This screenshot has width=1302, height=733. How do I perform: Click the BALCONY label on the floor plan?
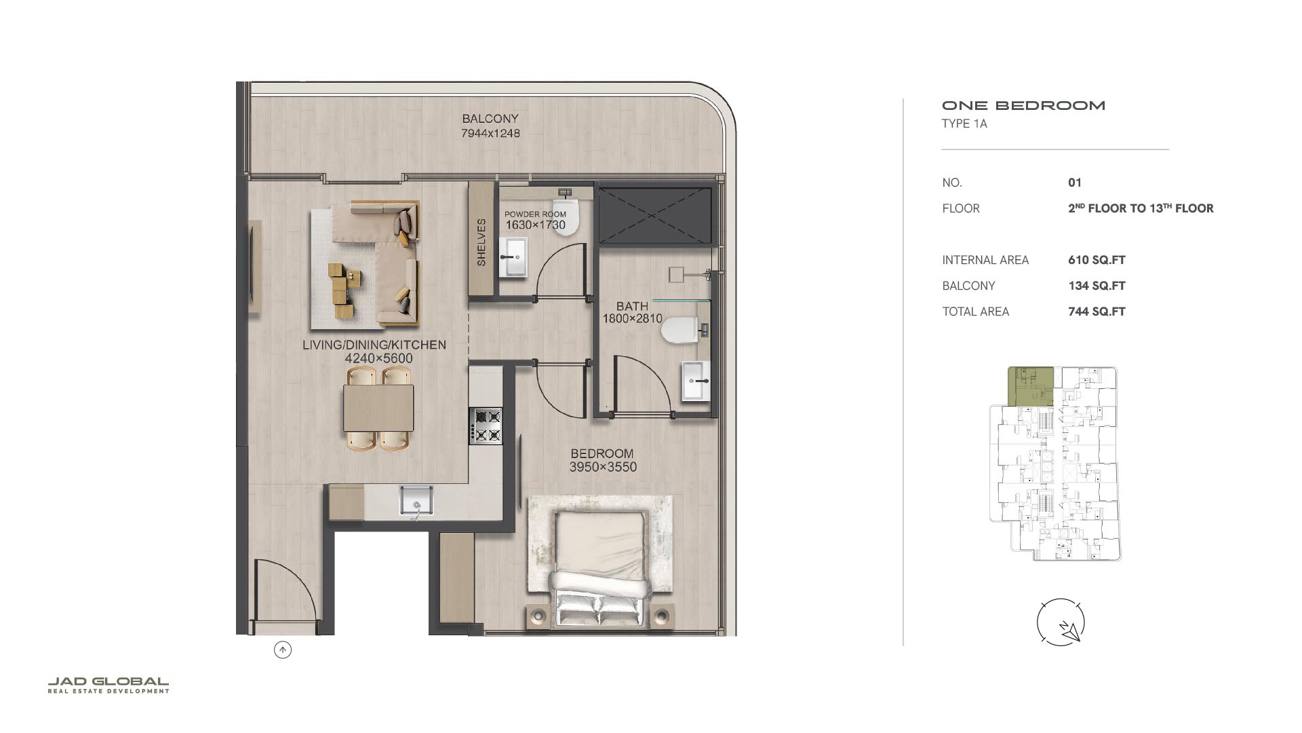click(x=490, y=119)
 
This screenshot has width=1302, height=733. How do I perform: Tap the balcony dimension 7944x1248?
click(x=490, y=134)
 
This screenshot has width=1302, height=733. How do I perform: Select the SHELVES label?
click(x=481, y=242)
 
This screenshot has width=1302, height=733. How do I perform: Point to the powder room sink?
click(x=513, y=257)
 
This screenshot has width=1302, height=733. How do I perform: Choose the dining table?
click(x=378, y=408)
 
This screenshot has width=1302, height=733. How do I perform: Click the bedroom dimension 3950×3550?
click(x=603, y=467)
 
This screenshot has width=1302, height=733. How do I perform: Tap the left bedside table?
click(x=538, y=617)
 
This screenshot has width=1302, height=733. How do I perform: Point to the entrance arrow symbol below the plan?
click(x=283, y=650)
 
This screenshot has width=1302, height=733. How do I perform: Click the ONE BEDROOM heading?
click(x=1024, y=105)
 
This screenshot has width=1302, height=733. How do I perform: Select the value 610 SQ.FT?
click(x=1097, y=260)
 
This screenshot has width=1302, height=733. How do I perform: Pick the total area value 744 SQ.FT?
click(x=1097, y=312)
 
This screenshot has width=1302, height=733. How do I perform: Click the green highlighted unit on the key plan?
click(x=1031, y=387)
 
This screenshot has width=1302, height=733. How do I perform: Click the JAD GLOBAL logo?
click(x=108, y=685)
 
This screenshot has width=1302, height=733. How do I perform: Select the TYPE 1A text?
click(x=964, y=124)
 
